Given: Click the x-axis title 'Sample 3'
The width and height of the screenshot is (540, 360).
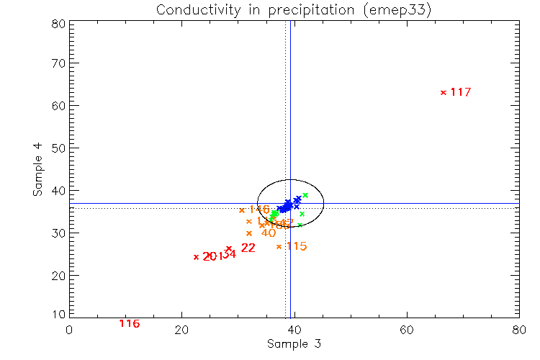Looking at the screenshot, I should (293, 344).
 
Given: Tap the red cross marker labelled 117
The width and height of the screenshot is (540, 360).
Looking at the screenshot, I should (444, 92).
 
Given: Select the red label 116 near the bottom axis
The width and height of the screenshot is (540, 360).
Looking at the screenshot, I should (129, 323).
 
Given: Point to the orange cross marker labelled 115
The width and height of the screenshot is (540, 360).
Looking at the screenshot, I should (279, 246).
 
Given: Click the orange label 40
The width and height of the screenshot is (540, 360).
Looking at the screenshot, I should (269, 233).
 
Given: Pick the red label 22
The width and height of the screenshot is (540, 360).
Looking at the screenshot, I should (248, 248).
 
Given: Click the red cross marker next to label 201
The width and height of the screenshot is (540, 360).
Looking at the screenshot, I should (196, 257).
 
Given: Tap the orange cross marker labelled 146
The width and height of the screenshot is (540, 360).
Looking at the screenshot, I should (241, 210).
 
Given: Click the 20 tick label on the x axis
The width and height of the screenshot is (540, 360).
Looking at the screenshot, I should (181, 329).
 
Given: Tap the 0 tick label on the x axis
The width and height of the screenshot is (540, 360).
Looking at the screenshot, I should (69, 329).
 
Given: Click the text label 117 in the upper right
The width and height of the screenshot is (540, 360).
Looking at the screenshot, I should (461, 92).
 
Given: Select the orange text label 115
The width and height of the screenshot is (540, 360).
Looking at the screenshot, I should (297, 246).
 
